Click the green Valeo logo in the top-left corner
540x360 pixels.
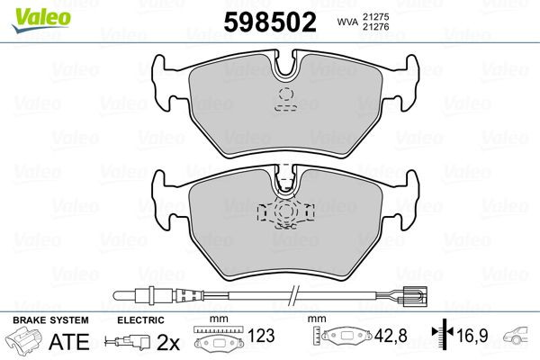30,10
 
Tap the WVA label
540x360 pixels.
346,22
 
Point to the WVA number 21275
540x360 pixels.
374,16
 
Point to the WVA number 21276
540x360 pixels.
374,29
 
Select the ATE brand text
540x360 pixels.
68,341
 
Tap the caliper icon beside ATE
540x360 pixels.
26,342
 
